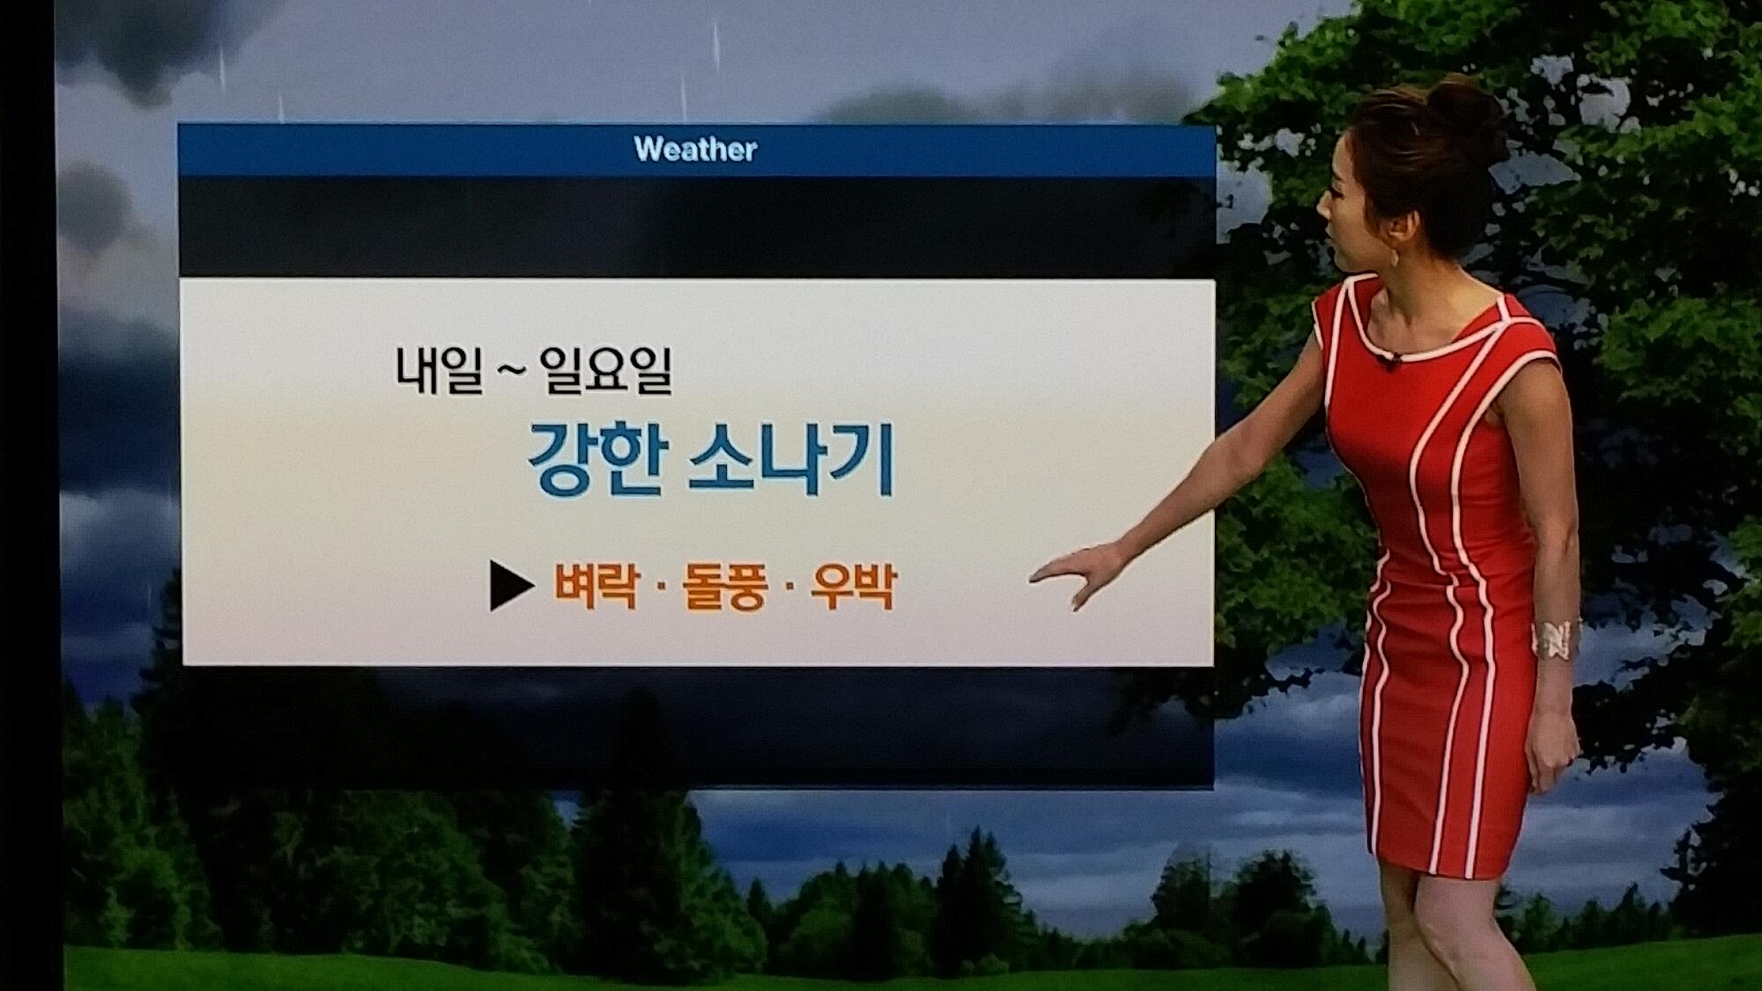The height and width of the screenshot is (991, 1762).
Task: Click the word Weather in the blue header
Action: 695,149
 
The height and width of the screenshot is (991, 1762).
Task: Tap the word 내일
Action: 439,370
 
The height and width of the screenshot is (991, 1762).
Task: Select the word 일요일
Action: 606,370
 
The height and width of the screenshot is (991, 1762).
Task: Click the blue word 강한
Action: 595,460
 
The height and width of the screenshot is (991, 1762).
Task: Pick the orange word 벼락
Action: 596,586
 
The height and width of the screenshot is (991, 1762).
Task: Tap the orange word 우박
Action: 853,587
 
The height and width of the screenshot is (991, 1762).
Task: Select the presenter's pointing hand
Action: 1079,574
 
